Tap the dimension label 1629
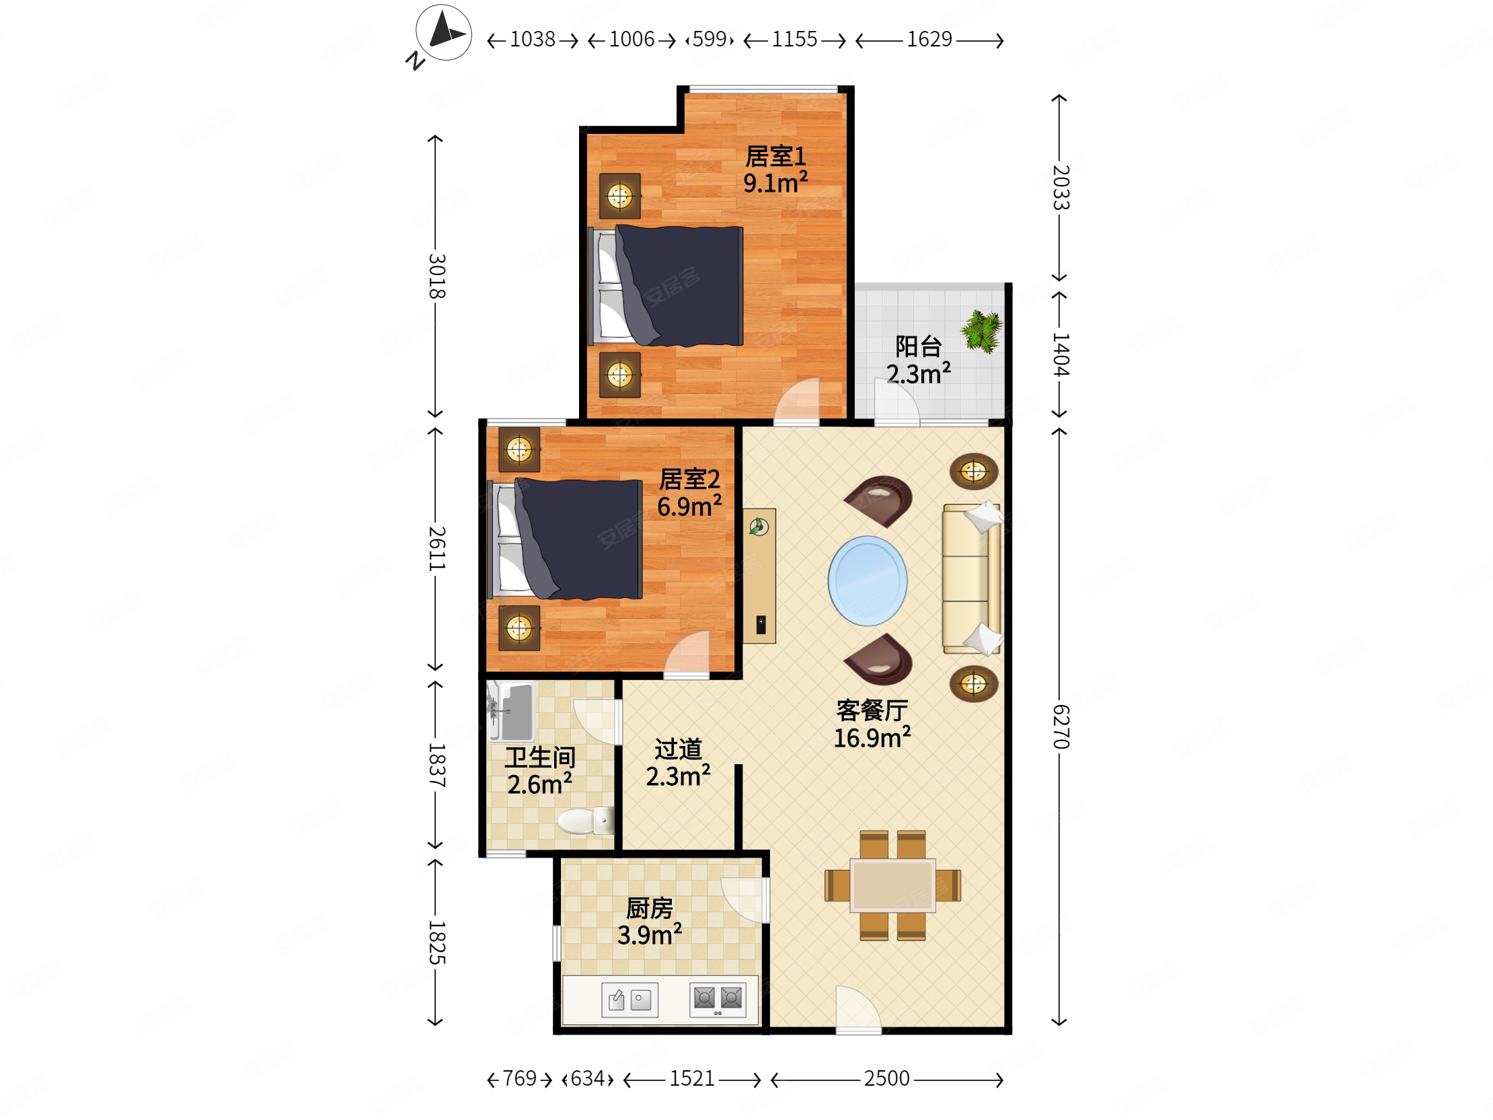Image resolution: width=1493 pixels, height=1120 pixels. [929, 39]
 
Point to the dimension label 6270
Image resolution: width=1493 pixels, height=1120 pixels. [1061, 726]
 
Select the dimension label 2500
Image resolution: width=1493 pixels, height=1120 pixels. [886, 1078]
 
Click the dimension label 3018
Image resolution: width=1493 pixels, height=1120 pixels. [436, 275]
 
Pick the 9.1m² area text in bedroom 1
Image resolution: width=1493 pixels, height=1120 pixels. [775, 182]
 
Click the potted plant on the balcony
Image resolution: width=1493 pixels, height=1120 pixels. [982, 331]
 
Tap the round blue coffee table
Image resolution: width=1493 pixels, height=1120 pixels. [868, 581]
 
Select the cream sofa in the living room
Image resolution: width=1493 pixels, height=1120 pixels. [971, 578]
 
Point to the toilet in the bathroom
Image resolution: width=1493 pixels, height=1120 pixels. [585, 821]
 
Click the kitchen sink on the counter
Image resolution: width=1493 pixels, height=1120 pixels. [629, 999]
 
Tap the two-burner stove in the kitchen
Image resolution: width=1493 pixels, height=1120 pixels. [718, 999]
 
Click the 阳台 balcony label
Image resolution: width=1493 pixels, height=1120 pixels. [918, 346]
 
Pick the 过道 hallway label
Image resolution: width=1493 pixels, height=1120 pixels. [679, 749]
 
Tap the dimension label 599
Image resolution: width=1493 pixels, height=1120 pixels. [710, 39]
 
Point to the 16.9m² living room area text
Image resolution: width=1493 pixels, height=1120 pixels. [872, 738]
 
